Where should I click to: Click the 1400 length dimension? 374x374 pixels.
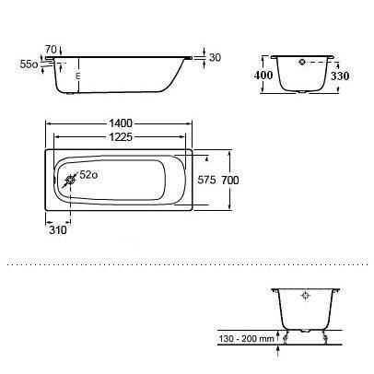click(121, 123)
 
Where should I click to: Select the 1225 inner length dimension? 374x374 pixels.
click(121, 137)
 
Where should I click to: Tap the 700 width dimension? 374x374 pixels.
click(230, 180)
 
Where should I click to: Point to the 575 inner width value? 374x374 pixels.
click(206, 180)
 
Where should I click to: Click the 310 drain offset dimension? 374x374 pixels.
click(58, 229)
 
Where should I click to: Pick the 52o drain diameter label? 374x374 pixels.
click(88, 175)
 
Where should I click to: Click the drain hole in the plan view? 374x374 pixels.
click(71, 180)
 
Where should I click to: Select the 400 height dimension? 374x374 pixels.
click(263, 75)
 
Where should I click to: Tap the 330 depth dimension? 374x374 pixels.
click(340, 76)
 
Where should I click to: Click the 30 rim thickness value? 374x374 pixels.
click(215, 57)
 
